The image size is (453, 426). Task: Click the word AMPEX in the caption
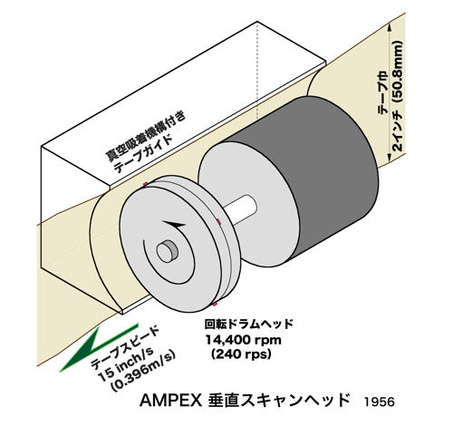[170, 401]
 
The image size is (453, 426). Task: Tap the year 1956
[379, 402]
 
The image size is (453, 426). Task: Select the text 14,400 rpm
[244, 340]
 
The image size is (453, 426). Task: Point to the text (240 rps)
[241, 353]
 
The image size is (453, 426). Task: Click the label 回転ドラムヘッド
[249, 324]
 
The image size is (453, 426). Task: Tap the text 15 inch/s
[126, 362]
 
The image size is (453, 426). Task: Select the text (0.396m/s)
[143, 372]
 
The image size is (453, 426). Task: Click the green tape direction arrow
[98, 347]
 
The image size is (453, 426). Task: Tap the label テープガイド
[143, 154]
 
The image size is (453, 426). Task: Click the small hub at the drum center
[166, 251]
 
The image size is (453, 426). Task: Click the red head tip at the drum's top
[146, 184]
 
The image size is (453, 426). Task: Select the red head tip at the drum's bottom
[215, 304]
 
